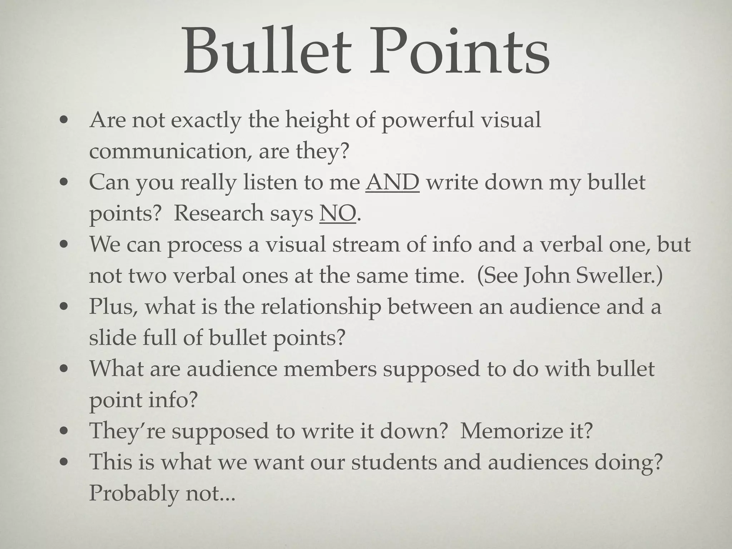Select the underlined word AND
coord(392,182)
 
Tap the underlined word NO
coord(338,213)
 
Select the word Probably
coord(134,493)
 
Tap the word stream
coord(366,245)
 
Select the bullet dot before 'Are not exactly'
coord(64,121)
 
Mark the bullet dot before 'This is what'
coord(64,463)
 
